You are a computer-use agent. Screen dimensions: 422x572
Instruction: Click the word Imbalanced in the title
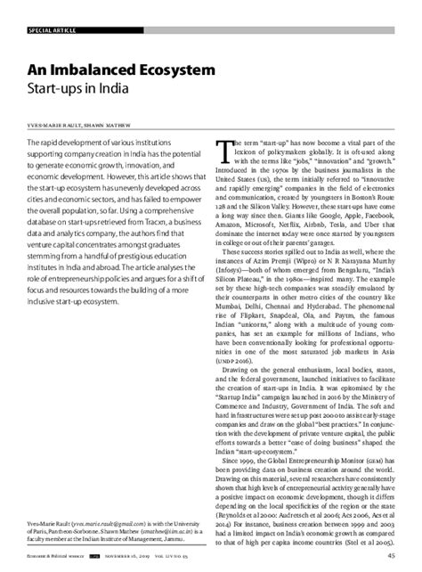pos(94,68)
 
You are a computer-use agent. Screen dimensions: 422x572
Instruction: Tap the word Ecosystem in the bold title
pos(174,68)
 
